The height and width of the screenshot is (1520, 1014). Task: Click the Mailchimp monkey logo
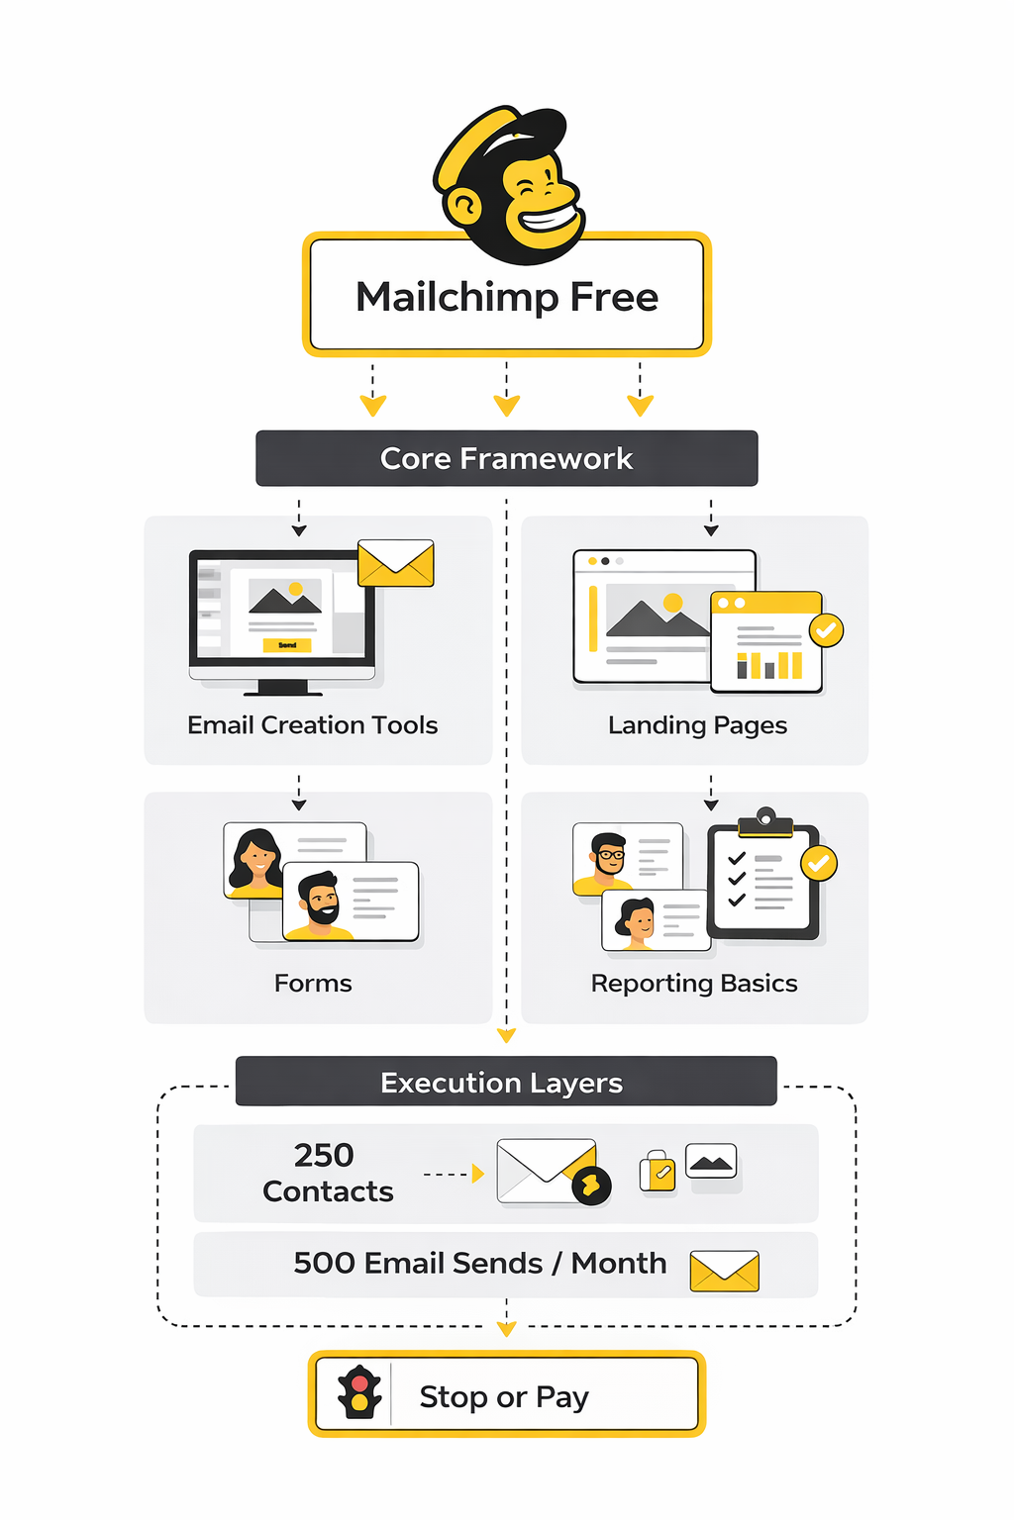point(509,184)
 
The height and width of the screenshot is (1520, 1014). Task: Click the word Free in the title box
point(614,297)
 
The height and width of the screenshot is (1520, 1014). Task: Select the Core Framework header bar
point(506,458)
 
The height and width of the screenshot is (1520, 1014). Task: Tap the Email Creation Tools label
point(312,725)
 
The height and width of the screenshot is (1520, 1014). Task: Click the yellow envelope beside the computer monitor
point(396,563)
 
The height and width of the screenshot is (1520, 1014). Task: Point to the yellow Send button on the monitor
point(287,645)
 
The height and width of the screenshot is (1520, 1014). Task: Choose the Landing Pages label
point(697,725)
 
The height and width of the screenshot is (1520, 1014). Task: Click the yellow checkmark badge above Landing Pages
point(826,629)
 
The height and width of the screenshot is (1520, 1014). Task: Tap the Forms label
point(313,983)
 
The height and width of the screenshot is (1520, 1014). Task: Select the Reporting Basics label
point(693,983)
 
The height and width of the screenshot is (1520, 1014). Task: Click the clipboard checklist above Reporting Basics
point(763,878)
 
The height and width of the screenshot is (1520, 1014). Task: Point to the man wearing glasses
point(608,856)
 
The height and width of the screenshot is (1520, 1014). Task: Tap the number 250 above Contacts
point(324,1155)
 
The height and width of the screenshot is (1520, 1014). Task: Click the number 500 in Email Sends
point(324,1263)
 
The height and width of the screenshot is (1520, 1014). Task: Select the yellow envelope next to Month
point(724,1271)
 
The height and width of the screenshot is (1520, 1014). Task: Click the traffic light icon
point(359,1393)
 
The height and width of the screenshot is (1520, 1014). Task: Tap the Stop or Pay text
point(504,1396)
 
